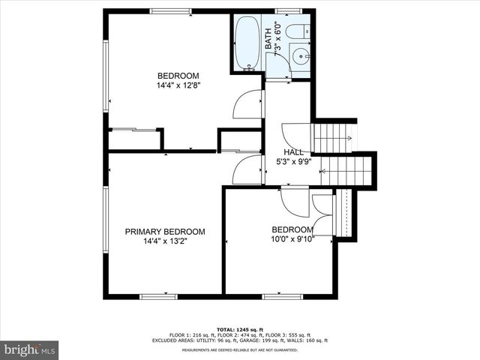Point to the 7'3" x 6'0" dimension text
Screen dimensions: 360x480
(278, 41)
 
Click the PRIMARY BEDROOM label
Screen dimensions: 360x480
(164, 232)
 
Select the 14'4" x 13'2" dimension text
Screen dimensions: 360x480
(164, 241)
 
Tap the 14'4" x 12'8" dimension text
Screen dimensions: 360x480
(178, 85)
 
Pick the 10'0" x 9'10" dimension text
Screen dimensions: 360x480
(292, 239)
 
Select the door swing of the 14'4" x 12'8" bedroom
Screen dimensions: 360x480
(248, 106)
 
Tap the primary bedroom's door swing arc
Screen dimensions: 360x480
(247, 169)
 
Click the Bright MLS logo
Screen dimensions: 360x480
(30, 349)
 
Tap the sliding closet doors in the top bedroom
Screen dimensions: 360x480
(134, 130)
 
